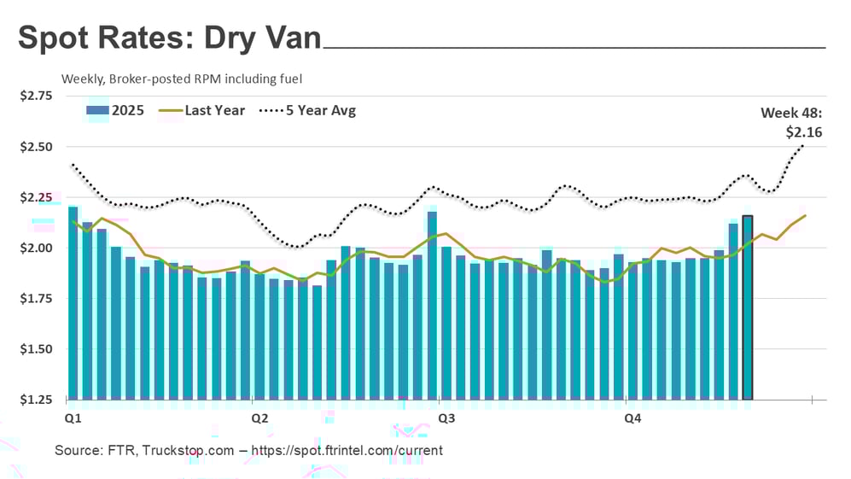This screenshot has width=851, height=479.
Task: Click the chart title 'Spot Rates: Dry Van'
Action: pos(169,39)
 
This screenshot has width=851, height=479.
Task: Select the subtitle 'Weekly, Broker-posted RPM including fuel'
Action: pos(182,79)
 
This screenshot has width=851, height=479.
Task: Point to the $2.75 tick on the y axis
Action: pos(36,96)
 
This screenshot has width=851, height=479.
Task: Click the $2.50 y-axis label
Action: pos(36,147)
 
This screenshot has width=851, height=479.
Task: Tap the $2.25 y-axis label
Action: pos(36,197)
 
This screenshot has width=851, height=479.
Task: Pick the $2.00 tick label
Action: pos(36,248)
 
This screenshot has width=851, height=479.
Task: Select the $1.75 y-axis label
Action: pos(36,299)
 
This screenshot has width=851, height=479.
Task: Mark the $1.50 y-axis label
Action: pos(36,349)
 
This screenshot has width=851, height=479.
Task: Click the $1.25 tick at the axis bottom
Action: pos(36,400)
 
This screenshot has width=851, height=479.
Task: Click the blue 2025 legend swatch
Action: pos(96,110)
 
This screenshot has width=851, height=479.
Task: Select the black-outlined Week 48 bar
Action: pos(748,307)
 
